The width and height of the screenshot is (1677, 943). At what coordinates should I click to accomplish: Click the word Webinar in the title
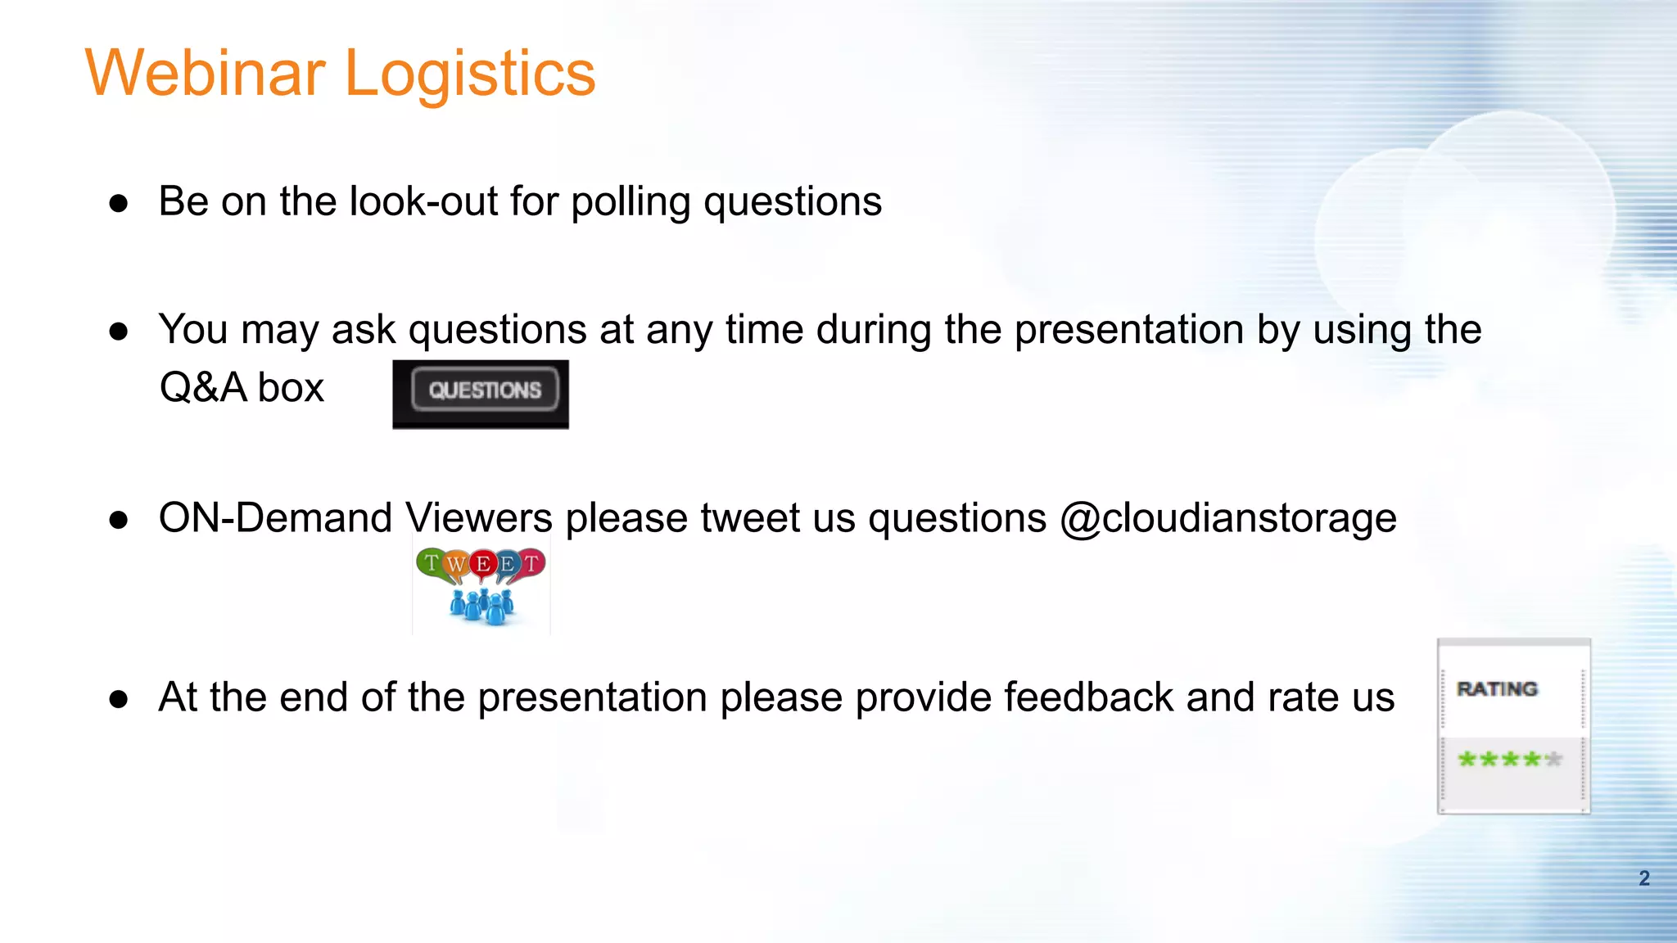point(205,74)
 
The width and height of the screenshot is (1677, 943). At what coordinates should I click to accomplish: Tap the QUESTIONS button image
point(484,390)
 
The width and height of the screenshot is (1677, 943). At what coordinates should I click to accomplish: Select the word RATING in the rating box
point(1497,689)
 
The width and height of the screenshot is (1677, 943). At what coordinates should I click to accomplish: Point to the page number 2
point(1643,878)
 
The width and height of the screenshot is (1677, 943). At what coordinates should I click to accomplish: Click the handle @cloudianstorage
point(1227,519)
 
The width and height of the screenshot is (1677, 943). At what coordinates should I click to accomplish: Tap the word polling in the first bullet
point(631,202)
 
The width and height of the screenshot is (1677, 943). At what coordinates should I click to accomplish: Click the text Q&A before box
point(202,387)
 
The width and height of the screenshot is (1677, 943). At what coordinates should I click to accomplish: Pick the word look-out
point(423,201)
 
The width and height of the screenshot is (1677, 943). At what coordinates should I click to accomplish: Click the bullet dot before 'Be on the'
point(119,203)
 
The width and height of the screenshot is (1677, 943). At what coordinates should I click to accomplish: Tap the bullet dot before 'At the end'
point(119,699)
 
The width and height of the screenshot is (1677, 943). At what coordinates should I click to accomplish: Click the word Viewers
point(479,519)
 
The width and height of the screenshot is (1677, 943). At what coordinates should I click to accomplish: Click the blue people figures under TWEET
point(481,607)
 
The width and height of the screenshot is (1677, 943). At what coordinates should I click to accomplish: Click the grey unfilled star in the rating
point(1553,760)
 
